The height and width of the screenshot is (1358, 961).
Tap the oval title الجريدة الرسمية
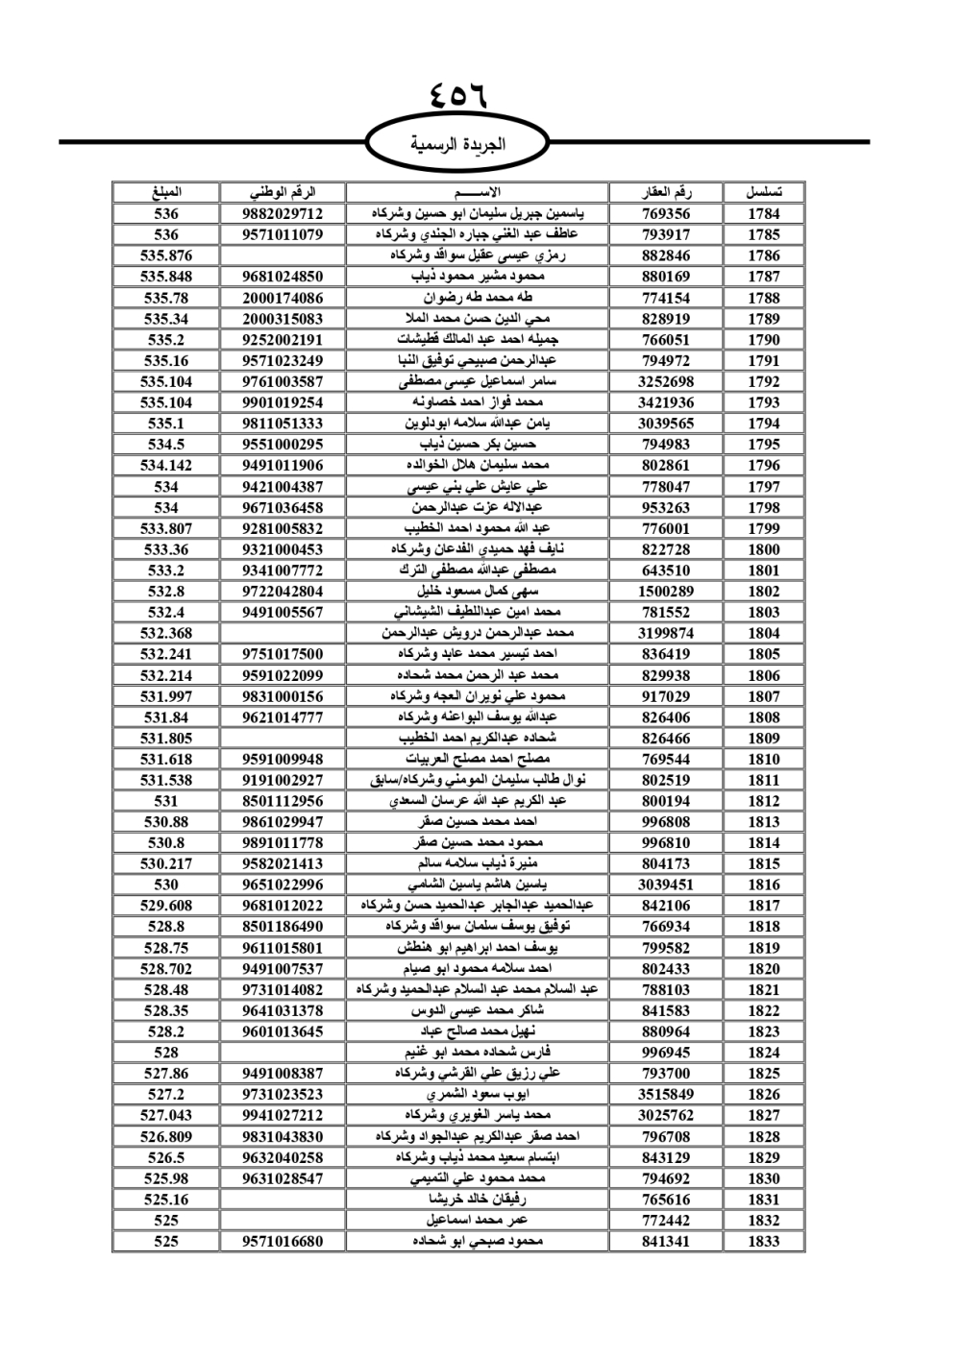click(458, 145)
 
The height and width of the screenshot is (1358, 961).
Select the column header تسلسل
click(764, 192)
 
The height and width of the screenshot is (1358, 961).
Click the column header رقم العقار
click(666, 192)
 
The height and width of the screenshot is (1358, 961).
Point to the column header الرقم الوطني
click(283, 192)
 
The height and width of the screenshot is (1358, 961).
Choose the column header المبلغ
click(166, 192)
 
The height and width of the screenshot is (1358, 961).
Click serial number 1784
click(764, 214)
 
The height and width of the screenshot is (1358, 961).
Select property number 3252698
click(666, 381)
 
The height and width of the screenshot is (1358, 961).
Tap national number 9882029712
click(283, 214)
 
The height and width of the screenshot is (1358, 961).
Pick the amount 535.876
click(166, 255)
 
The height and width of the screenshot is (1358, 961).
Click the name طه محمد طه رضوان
click(477, 298)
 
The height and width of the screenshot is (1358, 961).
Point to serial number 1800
click(764, 549)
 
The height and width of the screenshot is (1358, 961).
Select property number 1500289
click(666, 592)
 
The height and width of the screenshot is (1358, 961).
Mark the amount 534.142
click(166, 466)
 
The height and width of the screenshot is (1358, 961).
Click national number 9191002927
click(283, 780)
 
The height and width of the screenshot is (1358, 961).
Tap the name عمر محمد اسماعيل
click(477, 1221)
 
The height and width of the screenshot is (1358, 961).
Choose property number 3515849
click(666, 1095)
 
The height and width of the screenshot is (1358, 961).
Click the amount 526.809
click(166, 1136)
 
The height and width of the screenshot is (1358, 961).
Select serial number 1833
click(764, 1242)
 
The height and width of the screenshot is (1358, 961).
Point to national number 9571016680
click(283, 1242)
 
